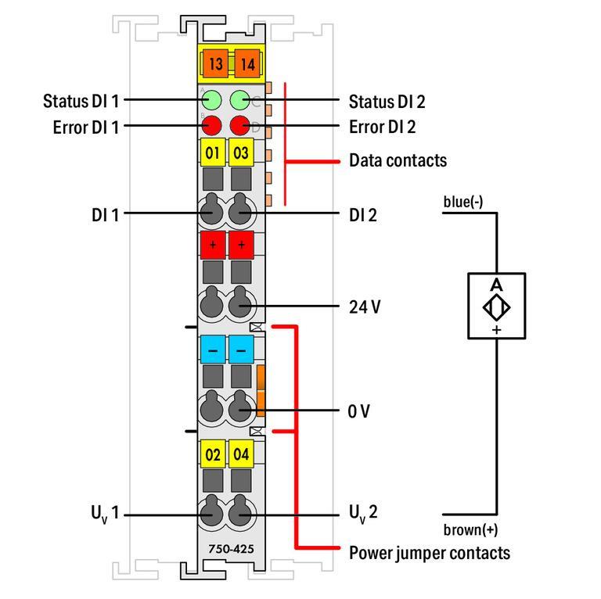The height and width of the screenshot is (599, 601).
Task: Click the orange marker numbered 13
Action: pyautogui.click(x=214, y=63)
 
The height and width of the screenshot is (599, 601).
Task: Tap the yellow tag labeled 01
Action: pyautogui.click(x=213, y=152)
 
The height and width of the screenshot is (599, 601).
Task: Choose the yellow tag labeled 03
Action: pyautogui.click(x=241, y=152)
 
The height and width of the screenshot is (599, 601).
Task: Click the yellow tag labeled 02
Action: pyautogui.click(x=213, y=454)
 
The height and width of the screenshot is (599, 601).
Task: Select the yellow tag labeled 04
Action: pyautogui.click(x=241, y=454)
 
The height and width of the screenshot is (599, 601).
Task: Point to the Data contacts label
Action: pyautogui.click(x=398, y=161)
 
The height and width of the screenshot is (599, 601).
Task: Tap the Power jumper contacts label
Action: pyautogui.click(x=429, y=553)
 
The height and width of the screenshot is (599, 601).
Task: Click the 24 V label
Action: pyautogui.click(x=365, y=307)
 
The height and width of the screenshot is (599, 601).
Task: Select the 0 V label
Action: pyautogui.click(x=359, y=411)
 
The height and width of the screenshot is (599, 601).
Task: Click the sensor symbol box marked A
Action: pyautogui.click(x=496, y=306)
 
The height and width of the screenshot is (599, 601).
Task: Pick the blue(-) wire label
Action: pyautogui.click(x=463, y=203)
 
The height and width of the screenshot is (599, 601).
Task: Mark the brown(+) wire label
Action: pyautogui.click(x=470, y=529)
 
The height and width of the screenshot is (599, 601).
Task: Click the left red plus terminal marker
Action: pyautogui.click(x=213, y=244)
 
